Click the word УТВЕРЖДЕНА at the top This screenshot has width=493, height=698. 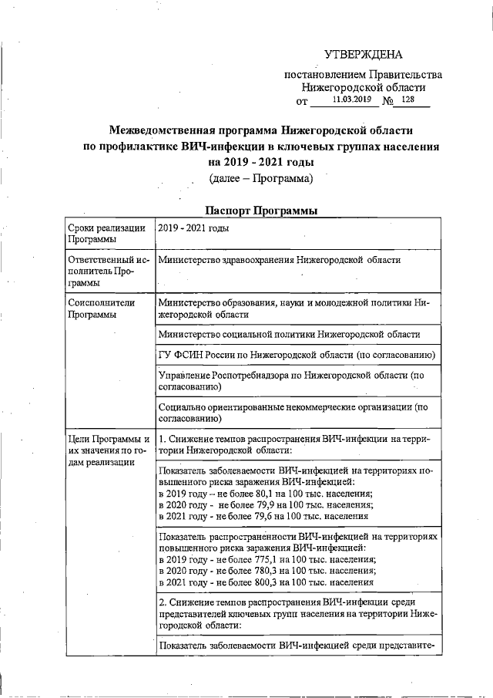[363, 54]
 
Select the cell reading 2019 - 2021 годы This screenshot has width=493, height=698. [193, 228]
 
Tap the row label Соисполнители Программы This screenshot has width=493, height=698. [101, 309]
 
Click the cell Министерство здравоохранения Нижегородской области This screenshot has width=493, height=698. [279, 260]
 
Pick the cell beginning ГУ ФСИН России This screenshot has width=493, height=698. [297, 355]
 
